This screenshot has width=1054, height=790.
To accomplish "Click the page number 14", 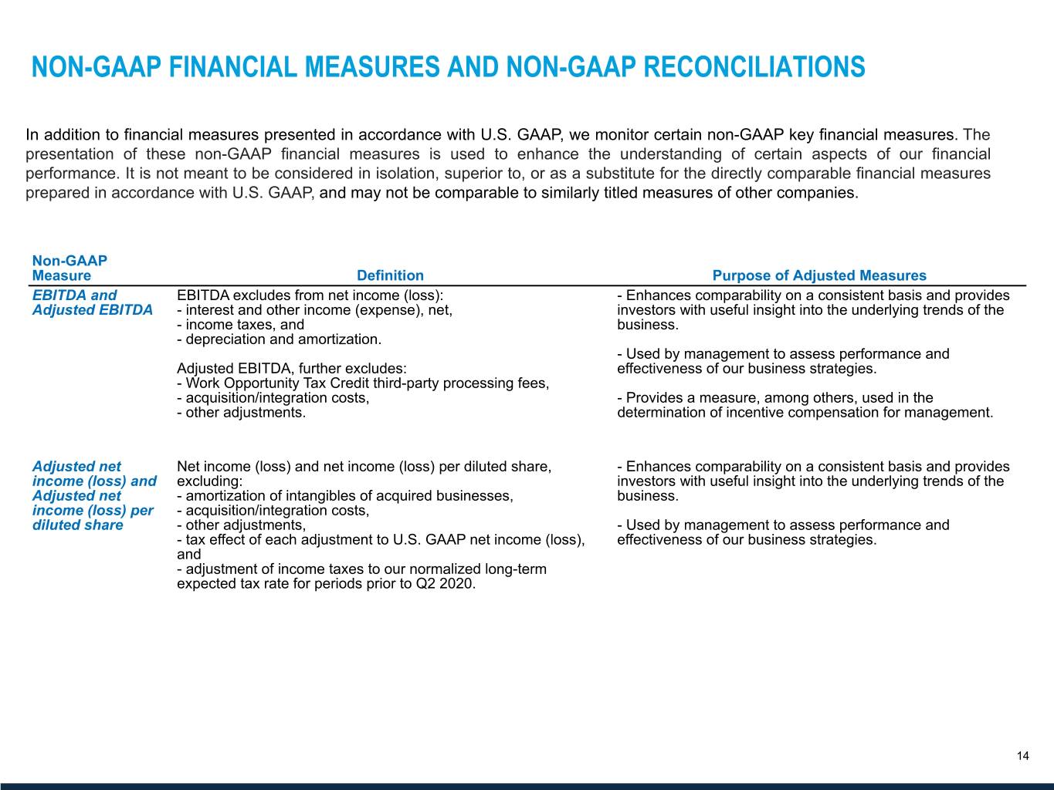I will click(1022, 756).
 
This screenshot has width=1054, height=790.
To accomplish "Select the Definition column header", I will click(390, 275).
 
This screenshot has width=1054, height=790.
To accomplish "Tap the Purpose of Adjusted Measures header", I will click(818, 275).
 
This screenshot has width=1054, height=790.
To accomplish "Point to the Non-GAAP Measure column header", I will click(69, 268).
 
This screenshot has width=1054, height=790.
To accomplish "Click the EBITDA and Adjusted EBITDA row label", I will click(92, 302).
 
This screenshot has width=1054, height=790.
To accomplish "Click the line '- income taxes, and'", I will click(240, 325).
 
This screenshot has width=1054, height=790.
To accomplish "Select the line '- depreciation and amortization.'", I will click(279, 339).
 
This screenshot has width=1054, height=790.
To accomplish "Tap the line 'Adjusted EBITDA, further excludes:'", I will click(292, 369).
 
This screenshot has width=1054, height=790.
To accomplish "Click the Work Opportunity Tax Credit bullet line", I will click(363, 383).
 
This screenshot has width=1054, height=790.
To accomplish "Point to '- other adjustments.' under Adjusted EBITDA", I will click(241, 413).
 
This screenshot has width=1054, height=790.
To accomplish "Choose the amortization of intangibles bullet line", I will click(344, 496).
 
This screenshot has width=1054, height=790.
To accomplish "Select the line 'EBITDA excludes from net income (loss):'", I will click(310, 295).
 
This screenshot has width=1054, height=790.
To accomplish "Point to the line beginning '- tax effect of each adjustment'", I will click(381, 540).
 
